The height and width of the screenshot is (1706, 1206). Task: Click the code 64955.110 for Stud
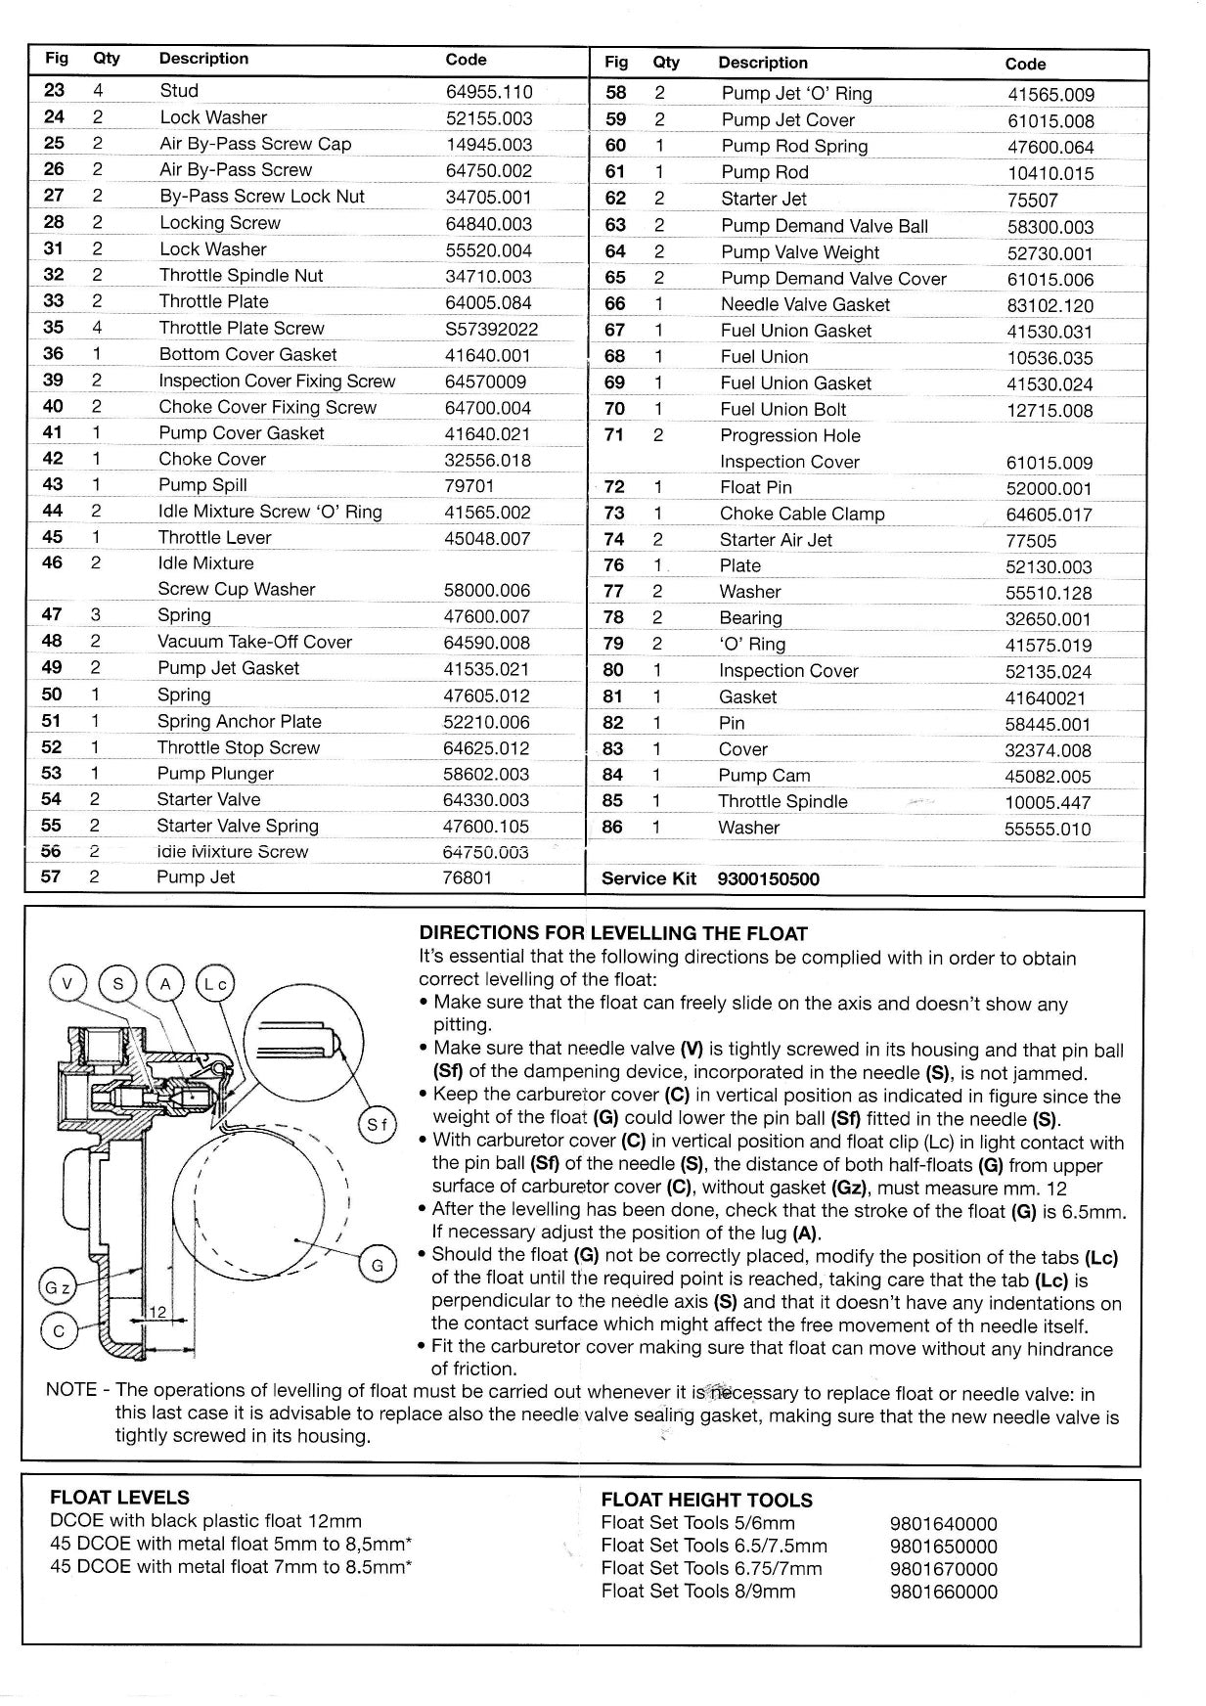tap(489, 92)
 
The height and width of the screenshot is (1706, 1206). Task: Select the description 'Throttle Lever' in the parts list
tap(214, 537)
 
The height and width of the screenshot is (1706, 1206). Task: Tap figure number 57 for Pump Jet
tap(52, 876)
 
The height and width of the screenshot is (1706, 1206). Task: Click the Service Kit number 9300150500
tap(768, 878)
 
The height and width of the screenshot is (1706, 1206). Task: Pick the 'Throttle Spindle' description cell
tap(782, 801)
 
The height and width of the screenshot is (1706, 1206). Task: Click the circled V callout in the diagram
tap(67, 983)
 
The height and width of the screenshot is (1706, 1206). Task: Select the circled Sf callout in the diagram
tap(377, 1126)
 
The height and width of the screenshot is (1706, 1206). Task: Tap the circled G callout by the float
tap(377, 1265)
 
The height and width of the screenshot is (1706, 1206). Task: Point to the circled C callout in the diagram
tap(59, 1330)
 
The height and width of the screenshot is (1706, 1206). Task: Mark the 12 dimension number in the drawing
tap(157, 1311)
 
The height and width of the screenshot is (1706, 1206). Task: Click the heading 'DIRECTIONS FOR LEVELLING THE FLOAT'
tap(613, 933)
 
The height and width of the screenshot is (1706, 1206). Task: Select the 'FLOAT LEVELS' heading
tap(119, 1497)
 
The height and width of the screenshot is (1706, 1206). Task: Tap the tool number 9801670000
tap(943, 1568)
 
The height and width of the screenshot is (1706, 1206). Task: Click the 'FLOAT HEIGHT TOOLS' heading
tap(706, 1500)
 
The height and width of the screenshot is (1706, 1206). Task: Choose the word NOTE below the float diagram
tap(71, 1390)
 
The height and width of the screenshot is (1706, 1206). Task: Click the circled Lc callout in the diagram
tap(215, 983)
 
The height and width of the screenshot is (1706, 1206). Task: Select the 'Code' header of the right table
tap(1025, 64)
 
